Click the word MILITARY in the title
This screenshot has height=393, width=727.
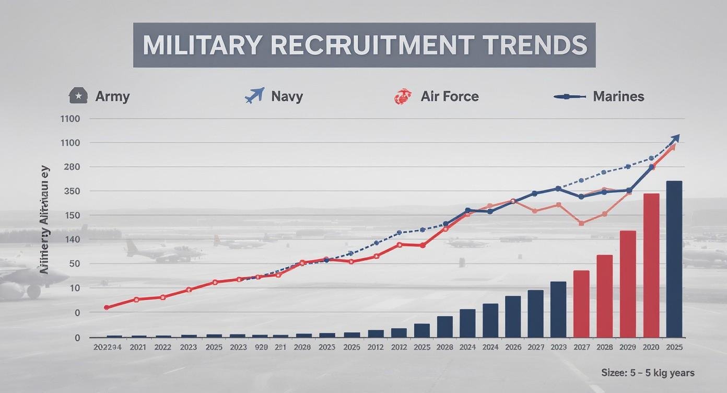click(x=198, y=45)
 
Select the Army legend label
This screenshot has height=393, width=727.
click(x=112, y=97)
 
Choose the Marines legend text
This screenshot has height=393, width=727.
click(x=618, y=97)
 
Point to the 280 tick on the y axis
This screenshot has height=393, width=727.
click(x=71, y=167)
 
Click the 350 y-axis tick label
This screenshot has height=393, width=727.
click(x=71, y=191)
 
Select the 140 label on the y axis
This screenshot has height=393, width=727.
click(x=71, y=240)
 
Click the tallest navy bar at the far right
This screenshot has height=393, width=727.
click(x=674, y=259)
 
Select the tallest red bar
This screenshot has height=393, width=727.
click(x=651, y=265)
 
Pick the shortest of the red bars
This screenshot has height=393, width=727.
click(x=581, y=303)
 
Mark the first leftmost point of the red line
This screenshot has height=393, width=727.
click(x=107, y=308)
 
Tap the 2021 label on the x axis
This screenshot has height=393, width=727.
click(x=138, y=347)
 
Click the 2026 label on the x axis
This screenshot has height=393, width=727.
click(x=513, y=347)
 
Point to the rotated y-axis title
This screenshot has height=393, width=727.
click(x=46, y=219)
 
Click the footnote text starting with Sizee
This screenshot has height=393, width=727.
click(x=648, y=373)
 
